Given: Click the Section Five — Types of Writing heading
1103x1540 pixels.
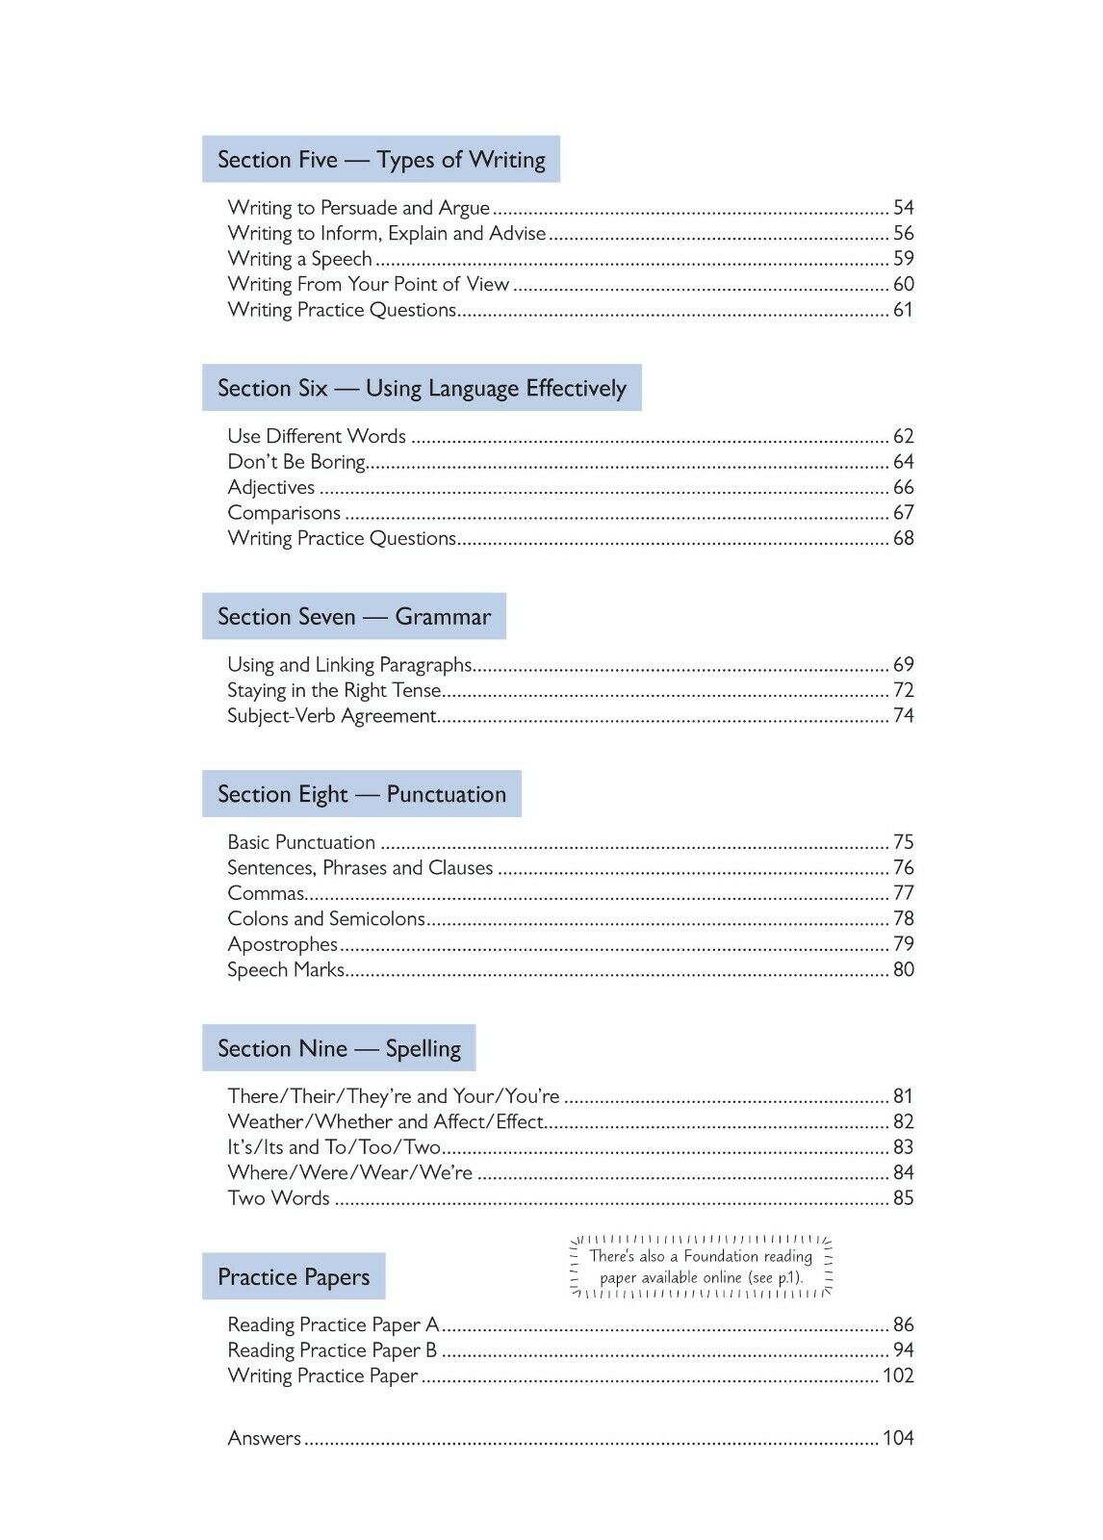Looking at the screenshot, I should point(381,160).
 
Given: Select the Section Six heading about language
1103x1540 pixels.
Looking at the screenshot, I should point(422,388).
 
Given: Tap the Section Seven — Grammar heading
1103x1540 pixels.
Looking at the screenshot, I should point(353,617).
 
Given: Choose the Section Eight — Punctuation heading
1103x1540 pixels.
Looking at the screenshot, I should point(361,794).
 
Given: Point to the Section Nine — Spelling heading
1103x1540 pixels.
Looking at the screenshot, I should point(339,1048).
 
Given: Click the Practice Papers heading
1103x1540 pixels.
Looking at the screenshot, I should point(294,1277).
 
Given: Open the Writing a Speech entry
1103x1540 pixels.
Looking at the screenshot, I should point(299,259).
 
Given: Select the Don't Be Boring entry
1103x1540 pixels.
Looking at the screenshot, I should point(296,462).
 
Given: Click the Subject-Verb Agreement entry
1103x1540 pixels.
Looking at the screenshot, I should point(332,716).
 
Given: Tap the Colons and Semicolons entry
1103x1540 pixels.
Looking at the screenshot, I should point(325,919).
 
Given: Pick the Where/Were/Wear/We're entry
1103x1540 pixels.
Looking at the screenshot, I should point(349,1173).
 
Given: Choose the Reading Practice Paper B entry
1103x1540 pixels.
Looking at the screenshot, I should point(332,1350).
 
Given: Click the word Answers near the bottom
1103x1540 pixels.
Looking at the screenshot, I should point(264,1438).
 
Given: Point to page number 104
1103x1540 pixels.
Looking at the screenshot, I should point(898,1438).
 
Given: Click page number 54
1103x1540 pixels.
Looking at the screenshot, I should point(903,208).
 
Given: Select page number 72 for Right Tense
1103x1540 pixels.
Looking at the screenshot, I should point(903,690).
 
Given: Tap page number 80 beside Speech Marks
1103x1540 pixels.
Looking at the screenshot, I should point(903,970).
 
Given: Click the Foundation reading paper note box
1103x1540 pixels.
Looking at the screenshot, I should point(701,1267).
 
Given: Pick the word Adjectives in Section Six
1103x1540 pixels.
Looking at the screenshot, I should point(270,488).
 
